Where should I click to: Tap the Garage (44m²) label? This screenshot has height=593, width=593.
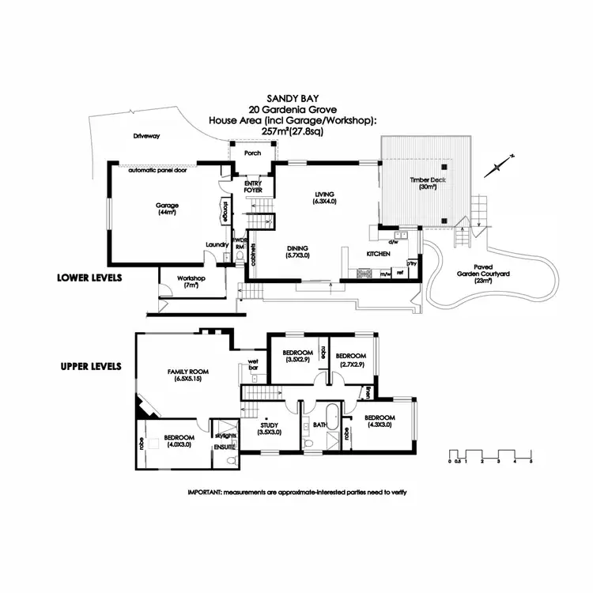167,209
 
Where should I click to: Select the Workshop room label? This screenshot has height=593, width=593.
191,281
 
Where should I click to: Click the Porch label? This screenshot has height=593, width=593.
252,153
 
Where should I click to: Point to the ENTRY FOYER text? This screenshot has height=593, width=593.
253,185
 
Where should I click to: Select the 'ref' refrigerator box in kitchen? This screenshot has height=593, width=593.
400,273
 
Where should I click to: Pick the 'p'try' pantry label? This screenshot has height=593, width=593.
412,263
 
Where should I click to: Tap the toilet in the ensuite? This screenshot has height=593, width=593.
230,459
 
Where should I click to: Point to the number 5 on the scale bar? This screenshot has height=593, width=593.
531,461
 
